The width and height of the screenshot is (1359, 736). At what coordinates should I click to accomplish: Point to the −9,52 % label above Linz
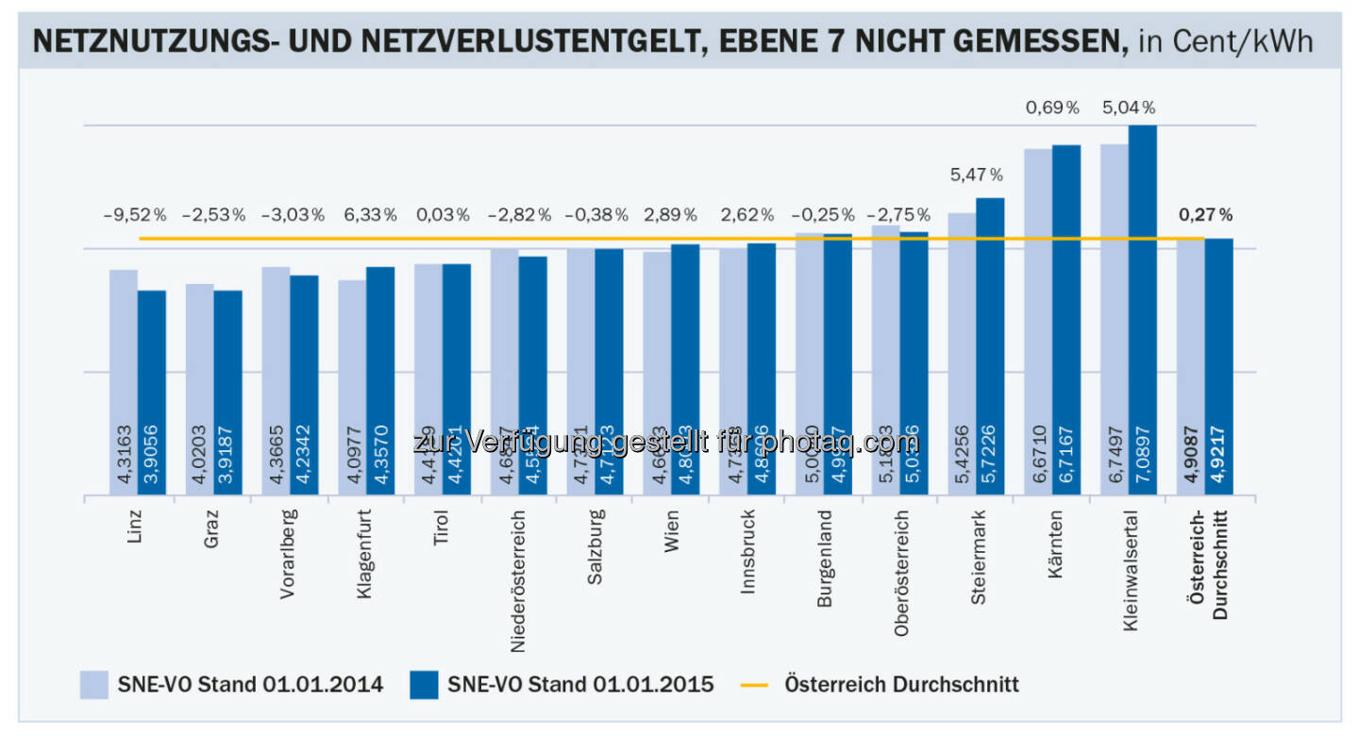[x=133, y=215]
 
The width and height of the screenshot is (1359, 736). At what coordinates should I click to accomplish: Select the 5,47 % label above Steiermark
[x=976, y=175]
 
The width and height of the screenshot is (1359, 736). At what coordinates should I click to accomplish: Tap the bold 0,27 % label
[x=1205, y=215]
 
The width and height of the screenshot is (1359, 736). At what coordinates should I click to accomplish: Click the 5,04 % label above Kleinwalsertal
[x=1129, y=109]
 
